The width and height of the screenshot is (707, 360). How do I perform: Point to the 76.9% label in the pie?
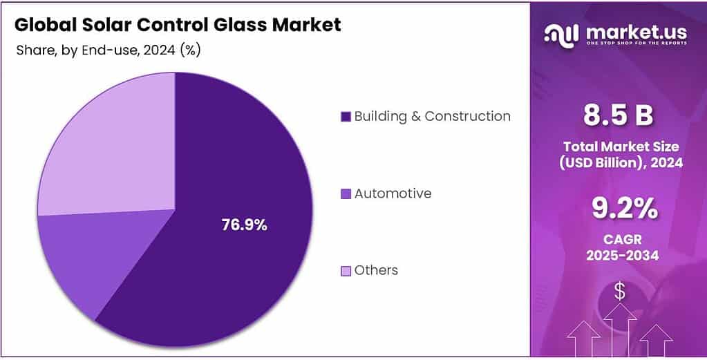[x=244, y=225]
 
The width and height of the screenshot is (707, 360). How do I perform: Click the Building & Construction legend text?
[x=432, y=116]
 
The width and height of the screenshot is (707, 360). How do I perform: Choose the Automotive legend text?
[x=393, y=193]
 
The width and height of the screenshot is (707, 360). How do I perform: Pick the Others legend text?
[x=376, y=270]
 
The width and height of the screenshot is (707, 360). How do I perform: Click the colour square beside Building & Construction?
[x=346, y=117]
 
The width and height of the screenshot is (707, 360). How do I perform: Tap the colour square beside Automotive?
[x=346, y=194]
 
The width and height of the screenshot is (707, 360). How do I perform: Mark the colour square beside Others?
[x=346, y=271]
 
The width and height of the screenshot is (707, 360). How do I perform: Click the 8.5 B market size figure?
[x=618, y=116]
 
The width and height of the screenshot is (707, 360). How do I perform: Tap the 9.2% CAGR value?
[x=619, y=209]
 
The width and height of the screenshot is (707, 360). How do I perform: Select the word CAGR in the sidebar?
[x=620, y=240]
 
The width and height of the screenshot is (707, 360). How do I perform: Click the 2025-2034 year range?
[x=620, y=255]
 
